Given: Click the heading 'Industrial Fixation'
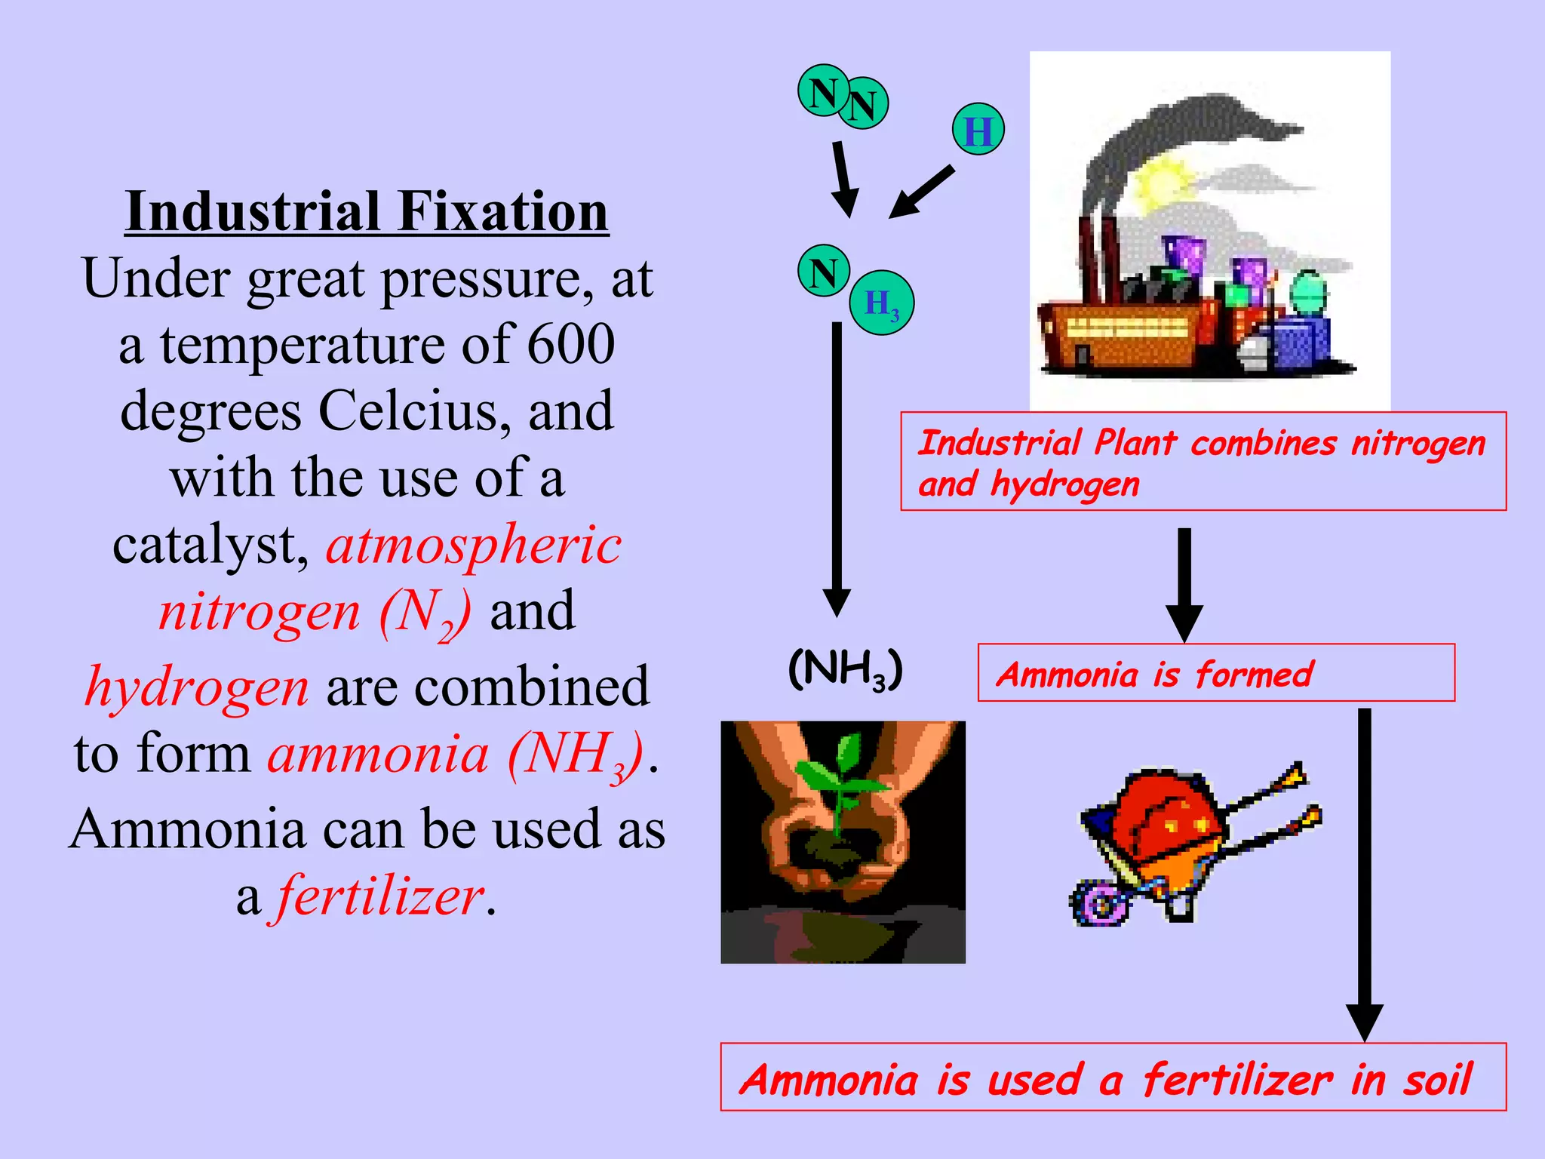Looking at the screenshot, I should [x=367, y=212].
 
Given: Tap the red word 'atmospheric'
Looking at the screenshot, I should [x=474, y=545].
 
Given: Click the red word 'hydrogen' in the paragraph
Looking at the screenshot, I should [x=197, y=687].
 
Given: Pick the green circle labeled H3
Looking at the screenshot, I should [x=882, y=303].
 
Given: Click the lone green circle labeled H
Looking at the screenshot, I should [x=978, y=130].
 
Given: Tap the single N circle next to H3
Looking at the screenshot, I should [x=824, y=271].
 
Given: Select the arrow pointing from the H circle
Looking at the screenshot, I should [x=922, y=192].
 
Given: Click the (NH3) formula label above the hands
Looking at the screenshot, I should [x=845, y=669].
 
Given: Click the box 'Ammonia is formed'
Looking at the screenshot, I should [x=1215, y=673].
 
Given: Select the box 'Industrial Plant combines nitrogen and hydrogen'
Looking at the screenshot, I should [x=1203, y=461].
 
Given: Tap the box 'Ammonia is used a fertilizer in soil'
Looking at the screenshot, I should [x=1113, y=1078].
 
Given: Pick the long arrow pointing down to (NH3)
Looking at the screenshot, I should [x=837, y=468].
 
